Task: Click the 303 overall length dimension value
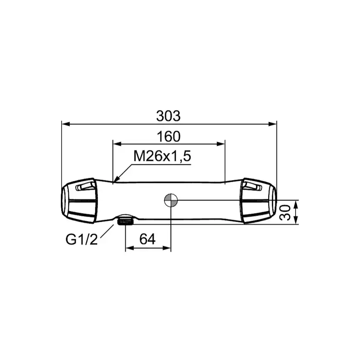tap(168, 116)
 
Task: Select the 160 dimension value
tap(169, 137)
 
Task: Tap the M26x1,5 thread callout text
tap(162, 157)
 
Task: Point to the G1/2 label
tap(82, 240)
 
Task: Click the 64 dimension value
tap(147, 239)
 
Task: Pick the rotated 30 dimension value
tap(285, 213)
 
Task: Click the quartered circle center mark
tap(171, 200)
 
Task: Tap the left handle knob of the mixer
tap(79, 200)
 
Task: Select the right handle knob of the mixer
tap(258, 200)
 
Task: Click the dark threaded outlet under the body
tap(125, 222)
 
